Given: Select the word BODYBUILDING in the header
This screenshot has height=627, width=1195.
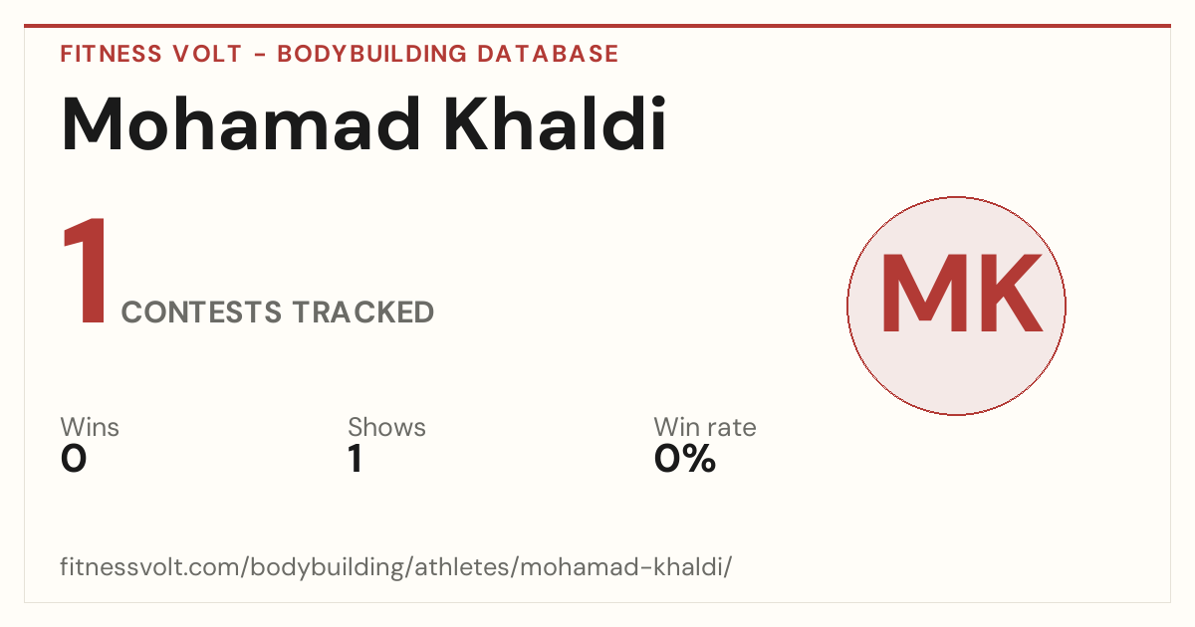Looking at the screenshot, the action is (x=371, y=54).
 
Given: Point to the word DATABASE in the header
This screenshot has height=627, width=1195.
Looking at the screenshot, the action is (x=548, y=54).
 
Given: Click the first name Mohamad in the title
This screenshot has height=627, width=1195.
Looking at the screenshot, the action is (x=241, y=123).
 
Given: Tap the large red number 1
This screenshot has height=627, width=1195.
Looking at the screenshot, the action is (x=86, y=271).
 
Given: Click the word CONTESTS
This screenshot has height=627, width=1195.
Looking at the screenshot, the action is (x=201, y=312).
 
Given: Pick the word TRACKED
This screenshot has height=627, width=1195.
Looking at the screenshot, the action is (x=363, y=312).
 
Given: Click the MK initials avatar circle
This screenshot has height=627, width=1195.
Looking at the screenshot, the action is (x=957, y=306).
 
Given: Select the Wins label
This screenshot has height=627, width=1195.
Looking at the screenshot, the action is (x=90, y=427).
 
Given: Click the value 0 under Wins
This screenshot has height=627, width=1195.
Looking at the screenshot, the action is (x=74, y=459).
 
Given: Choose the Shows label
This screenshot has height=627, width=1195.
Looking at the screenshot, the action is (x=386, y=427).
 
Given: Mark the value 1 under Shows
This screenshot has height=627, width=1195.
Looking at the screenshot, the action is (x=356, y=459).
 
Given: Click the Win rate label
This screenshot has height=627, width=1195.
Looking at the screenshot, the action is (x=705, y=427).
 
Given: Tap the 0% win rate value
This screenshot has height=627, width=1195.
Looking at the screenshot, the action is (x=685, y=459).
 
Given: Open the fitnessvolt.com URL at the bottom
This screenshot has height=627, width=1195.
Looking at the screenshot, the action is (x=396, y=566).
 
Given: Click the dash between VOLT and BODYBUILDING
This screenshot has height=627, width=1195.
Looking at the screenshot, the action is (x=260, y=55).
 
